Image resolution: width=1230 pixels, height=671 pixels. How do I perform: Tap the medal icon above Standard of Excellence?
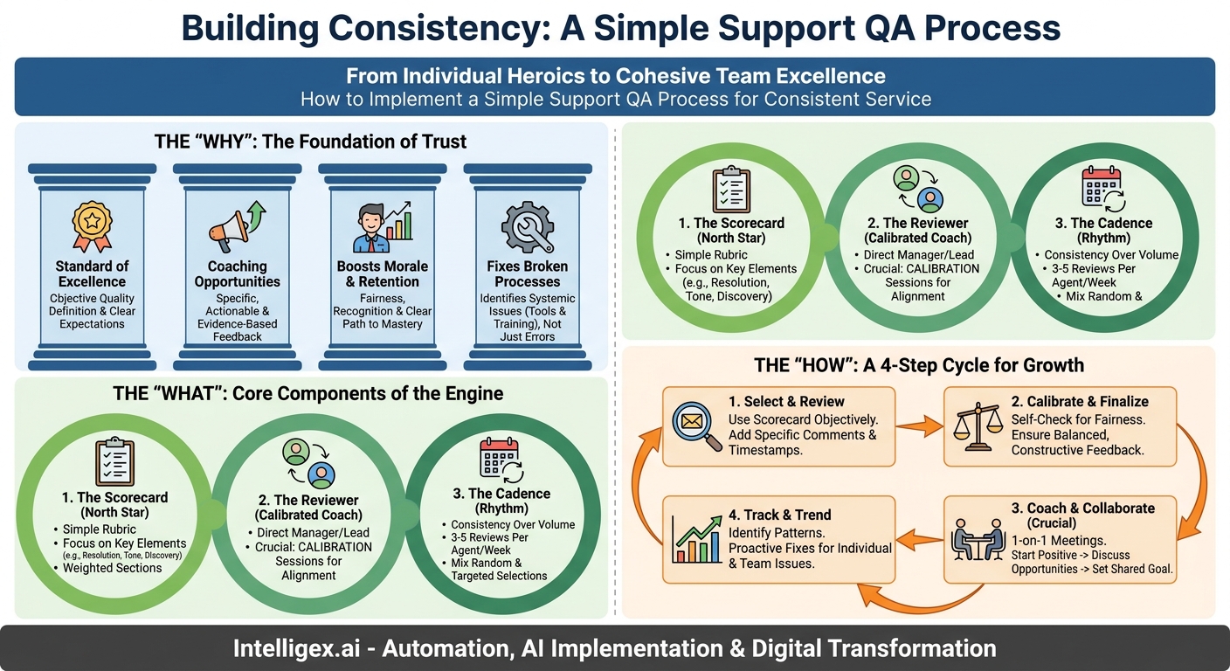click(92, 226)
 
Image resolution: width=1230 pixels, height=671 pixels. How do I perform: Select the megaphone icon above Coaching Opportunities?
click(236, 225)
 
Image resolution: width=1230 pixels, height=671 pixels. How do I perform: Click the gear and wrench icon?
click(527, 225)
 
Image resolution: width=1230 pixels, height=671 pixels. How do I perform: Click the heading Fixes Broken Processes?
click(527, 273)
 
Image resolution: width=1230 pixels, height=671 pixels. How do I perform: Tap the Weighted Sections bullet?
click(113, 568)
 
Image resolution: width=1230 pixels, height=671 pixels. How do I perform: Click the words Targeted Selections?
click(500, 576)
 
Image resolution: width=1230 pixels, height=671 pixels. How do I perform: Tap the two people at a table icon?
click(977, 539)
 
